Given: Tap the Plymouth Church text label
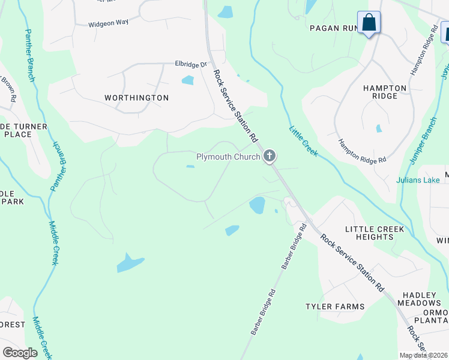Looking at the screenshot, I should pyautogui.click(x=228, y=157).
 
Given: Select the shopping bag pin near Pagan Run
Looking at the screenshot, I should pyautogui.click(x=369, y=23).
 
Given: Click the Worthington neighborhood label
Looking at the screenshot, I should pyautogui.click(x=136, y=97).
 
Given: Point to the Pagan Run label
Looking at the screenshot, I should pyautogui.click(x=333, y=28).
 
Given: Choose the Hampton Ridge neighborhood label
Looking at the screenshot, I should pyautogui.click(x=385, y=92).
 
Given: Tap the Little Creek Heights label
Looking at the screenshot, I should pyautogui.click(x=374, y=233).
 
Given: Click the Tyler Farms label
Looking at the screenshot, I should pyautogui.click(x=335, y=307).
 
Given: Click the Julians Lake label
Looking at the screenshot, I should pyautogui.click(x=418, y=179).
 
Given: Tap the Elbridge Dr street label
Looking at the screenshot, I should pyautogui.click(x=190, y=64).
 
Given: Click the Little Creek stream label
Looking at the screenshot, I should pyautogui.click(x=303, y=140).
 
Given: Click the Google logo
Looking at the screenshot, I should pyautogui.click(x=20, y=352).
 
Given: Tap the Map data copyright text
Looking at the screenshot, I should pyautogui.click(x=423, y=355).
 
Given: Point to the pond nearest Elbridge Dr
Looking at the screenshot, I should pyautogui.click(x=188, y=80).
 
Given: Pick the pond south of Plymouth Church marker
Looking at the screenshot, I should pyautogui.click(x=257, y=205).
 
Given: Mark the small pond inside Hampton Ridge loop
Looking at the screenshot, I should pyautogui.click(x=378, y=128).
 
